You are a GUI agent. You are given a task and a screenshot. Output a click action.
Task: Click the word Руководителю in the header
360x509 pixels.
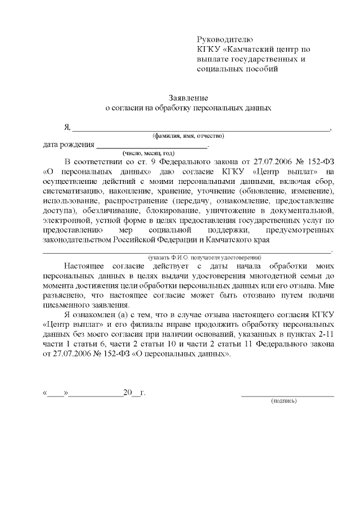click(x=225, y=39)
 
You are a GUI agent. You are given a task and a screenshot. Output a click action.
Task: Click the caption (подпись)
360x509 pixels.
click(x=284, y=401)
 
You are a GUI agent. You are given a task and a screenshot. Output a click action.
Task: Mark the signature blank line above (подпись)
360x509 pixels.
click(x=287, y=395)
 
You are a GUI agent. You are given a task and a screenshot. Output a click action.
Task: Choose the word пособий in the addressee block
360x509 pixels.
click(x=261, y=69)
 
